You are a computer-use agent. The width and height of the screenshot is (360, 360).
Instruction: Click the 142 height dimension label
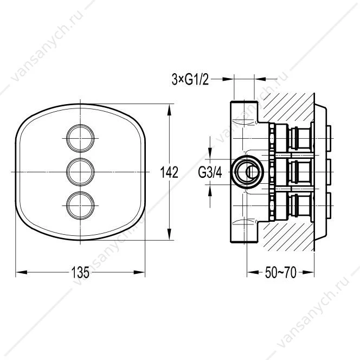pyautogui.click(x=169, y=172)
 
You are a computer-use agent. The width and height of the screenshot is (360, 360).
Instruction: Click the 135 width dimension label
pyautogui.click(x=80, y=272)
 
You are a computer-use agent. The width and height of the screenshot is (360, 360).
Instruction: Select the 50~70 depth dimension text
pyautogui.click(x=280, y=273)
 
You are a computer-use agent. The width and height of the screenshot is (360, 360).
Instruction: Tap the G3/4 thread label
pyautogui.click(x=210, y=172)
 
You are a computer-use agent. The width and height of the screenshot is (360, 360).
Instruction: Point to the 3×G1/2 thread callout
pyautogui.click(x=190, y=80)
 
